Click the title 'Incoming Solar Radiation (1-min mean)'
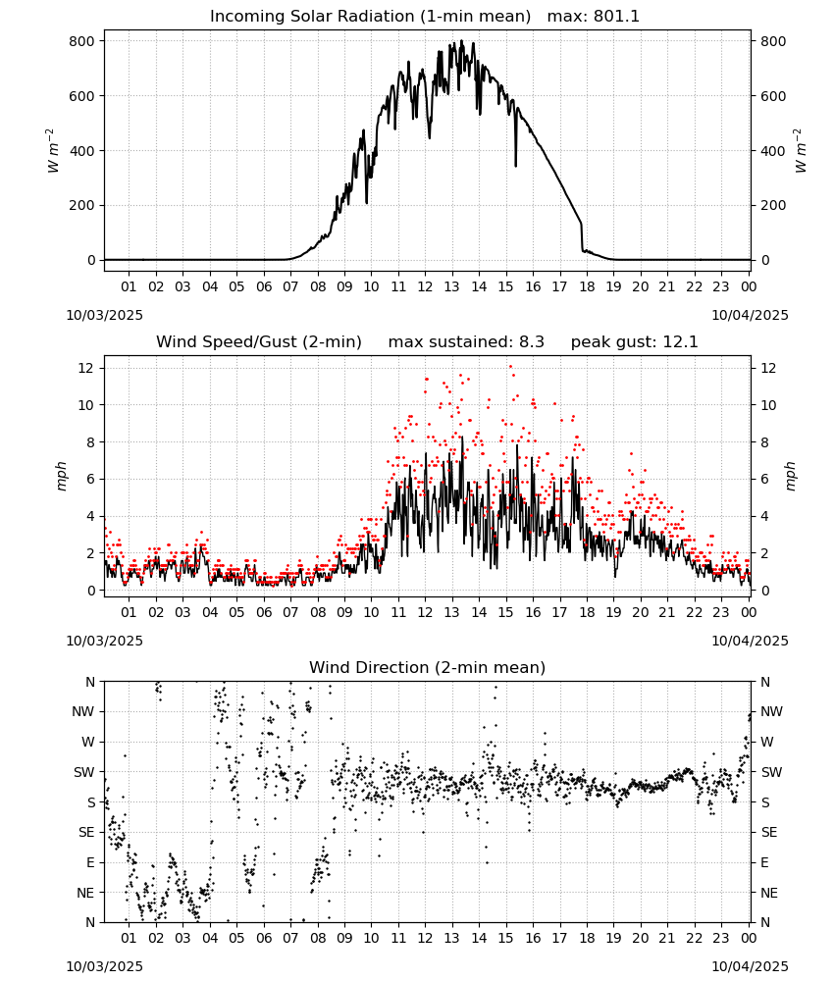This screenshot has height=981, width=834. (x=370, y=17)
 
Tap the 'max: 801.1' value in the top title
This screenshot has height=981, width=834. (x=594, y=17)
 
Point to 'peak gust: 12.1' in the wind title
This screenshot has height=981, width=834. (x=634, y=342)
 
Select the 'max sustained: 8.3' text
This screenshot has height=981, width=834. (x=466, y=342)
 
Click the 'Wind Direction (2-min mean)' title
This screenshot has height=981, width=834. (x=428, y=667)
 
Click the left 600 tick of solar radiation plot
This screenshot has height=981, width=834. (x=82, y=96)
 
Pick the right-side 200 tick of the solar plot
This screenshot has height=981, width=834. (x=773, y=205)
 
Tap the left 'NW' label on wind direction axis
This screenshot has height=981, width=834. (x=83, y=712)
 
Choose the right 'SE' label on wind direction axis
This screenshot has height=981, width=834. (x=769, y=833)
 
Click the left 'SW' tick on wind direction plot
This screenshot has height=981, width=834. (x=83, y=773)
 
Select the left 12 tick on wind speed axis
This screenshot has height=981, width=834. (x=86, y=369)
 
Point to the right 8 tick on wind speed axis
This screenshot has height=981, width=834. (x=764, y=442)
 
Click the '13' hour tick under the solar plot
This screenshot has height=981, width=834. (x=451, y=287)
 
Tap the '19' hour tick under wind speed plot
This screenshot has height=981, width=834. (x=613, y=612)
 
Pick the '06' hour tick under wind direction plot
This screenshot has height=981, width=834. (x=264, y=939)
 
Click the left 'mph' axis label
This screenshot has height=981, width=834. (x=61, y=476)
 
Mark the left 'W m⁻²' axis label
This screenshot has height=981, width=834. (x=53, y=151)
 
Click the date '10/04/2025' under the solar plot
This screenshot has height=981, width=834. (x=750, y=315)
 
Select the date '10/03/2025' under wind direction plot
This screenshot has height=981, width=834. (x=104, y=966)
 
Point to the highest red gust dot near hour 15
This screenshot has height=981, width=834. (x=510, y=366)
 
